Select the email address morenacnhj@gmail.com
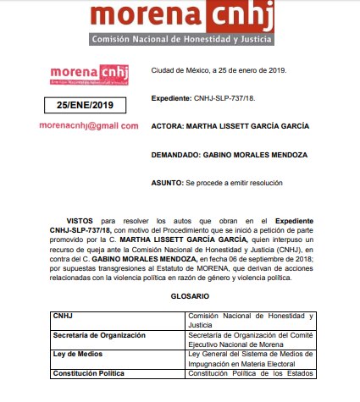pos(89,125)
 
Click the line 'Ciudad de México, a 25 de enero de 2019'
pos(219,69)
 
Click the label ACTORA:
pos(168,126)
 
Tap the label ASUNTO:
pos(167,184)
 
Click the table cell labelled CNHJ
pos(64,316)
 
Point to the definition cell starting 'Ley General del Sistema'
pos(250,359)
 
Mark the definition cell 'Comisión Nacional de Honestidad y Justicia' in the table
pos(250,319)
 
